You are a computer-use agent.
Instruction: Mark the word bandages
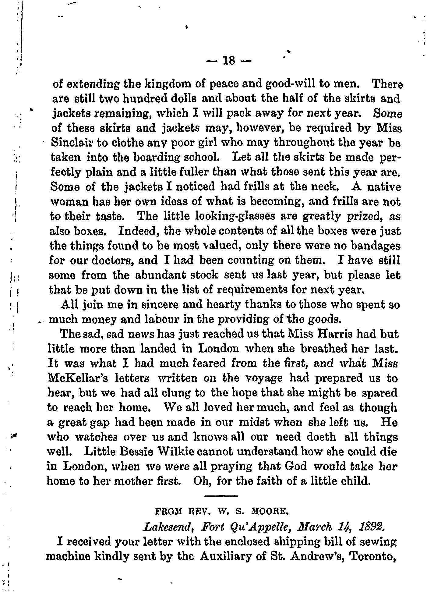coord(375,246)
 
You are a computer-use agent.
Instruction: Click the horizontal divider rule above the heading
coord(221,496)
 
